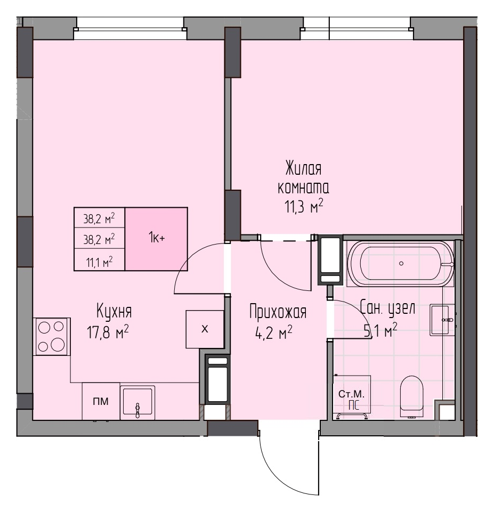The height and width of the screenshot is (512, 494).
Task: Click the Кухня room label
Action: (x=114, y=311)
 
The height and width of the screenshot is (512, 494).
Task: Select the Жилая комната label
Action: (x=303, y=178)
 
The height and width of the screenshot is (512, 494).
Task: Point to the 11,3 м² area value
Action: (x=304, y=206)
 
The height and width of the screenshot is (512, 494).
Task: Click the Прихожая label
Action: (x=278, y=312)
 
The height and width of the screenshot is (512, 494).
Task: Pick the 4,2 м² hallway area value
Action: (x=273, y=333)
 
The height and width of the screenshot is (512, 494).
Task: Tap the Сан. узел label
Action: (x=387, y=307)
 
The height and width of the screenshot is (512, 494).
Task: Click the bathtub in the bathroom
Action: (x=401, y=264)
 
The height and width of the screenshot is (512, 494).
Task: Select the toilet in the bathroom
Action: (x=412, y=397)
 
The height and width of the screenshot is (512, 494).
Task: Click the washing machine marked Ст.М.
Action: (x=352, y=397)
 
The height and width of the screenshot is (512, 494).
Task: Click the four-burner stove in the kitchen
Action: (x=51, y=336)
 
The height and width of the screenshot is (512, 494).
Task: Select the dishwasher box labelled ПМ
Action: (x=101, y=401)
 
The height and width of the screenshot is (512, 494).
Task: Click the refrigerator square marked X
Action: (x=205, y=329)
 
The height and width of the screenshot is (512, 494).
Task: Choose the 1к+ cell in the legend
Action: (x=156, y=239)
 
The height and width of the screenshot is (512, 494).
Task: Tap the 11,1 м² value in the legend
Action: (x=100, y=262)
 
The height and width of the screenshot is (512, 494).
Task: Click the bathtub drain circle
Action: (x=401, y=263)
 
